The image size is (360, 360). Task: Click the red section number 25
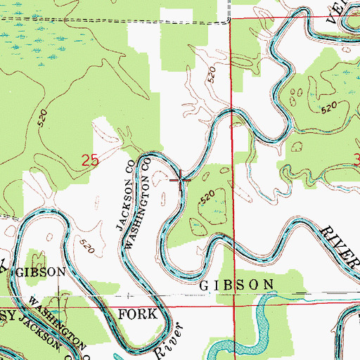coord(89,161)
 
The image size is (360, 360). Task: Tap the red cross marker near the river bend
coord(182,179)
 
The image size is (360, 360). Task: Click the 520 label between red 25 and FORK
coord(86,247)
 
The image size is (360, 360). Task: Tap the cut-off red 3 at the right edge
coord(356,160)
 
